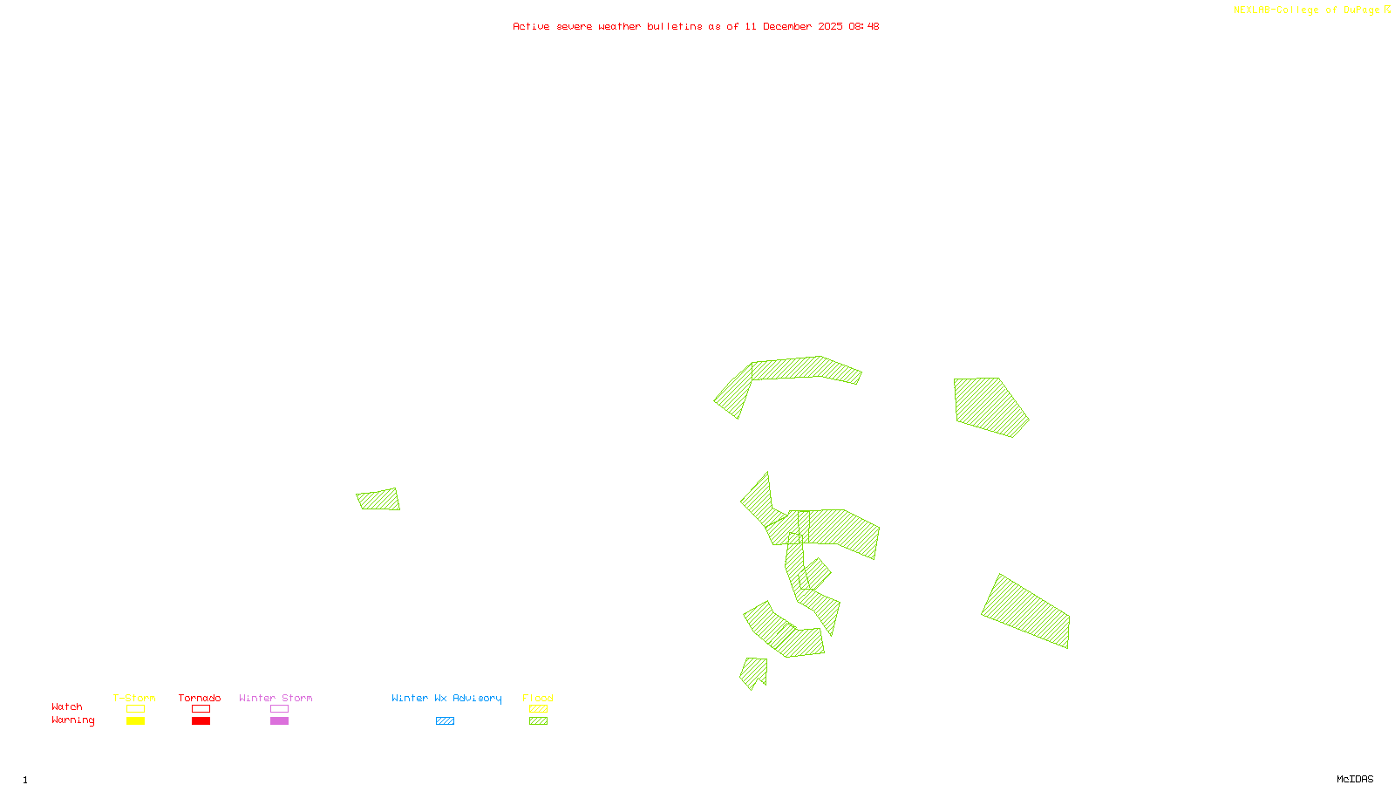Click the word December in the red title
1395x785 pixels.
787,26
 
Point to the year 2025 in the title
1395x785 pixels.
830,26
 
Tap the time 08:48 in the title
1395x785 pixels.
863,26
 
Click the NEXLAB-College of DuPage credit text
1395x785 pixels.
1306,10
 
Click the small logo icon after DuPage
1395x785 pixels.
1387,10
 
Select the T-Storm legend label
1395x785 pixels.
134,698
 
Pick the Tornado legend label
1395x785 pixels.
200,698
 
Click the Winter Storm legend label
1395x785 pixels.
276,698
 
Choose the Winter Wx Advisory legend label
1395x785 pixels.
446,698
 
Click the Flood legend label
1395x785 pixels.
538,698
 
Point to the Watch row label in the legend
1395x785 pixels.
67,706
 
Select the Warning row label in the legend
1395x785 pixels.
72,720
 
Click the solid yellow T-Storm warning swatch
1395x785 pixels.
135,721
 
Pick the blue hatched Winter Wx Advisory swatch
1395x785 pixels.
445,721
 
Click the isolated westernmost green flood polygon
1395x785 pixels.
378,500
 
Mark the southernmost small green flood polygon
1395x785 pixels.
753,672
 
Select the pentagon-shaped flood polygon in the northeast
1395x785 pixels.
989,405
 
